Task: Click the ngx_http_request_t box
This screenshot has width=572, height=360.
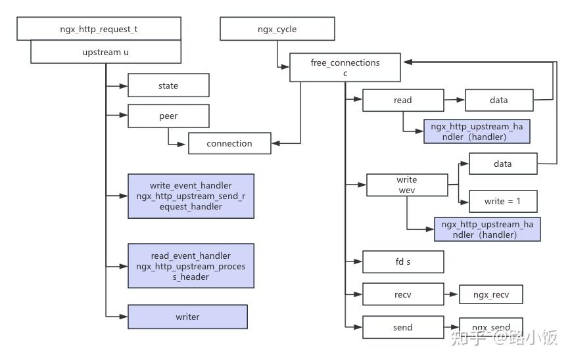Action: [99, 29]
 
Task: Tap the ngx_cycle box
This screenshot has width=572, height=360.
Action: [277, 29]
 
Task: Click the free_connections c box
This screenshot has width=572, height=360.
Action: [345, 68]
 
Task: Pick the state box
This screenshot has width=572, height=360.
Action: [168, 85]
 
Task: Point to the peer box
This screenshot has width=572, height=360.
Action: [168, 116]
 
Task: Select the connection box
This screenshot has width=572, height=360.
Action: [229, 143]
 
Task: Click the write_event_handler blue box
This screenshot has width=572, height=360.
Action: [191, 196]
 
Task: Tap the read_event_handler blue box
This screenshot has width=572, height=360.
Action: [191, 265]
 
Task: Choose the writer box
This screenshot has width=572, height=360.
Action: [187, 317]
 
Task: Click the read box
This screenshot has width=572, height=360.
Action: [403, 100]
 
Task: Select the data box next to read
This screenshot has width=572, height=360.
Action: [499, 100]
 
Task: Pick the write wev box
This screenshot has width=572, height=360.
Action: [406, 185]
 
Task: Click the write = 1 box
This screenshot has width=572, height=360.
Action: [503, 201]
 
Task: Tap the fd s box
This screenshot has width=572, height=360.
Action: [403, 261]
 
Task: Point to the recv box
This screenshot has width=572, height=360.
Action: [403, 294]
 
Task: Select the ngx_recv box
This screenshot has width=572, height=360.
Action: [490, 294]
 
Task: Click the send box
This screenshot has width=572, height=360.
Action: [403, 327]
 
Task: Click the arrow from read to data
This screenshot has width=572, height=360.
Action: [454, 100]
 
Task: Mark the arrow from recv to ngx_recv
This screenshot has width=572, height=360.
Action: [451, 294]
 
